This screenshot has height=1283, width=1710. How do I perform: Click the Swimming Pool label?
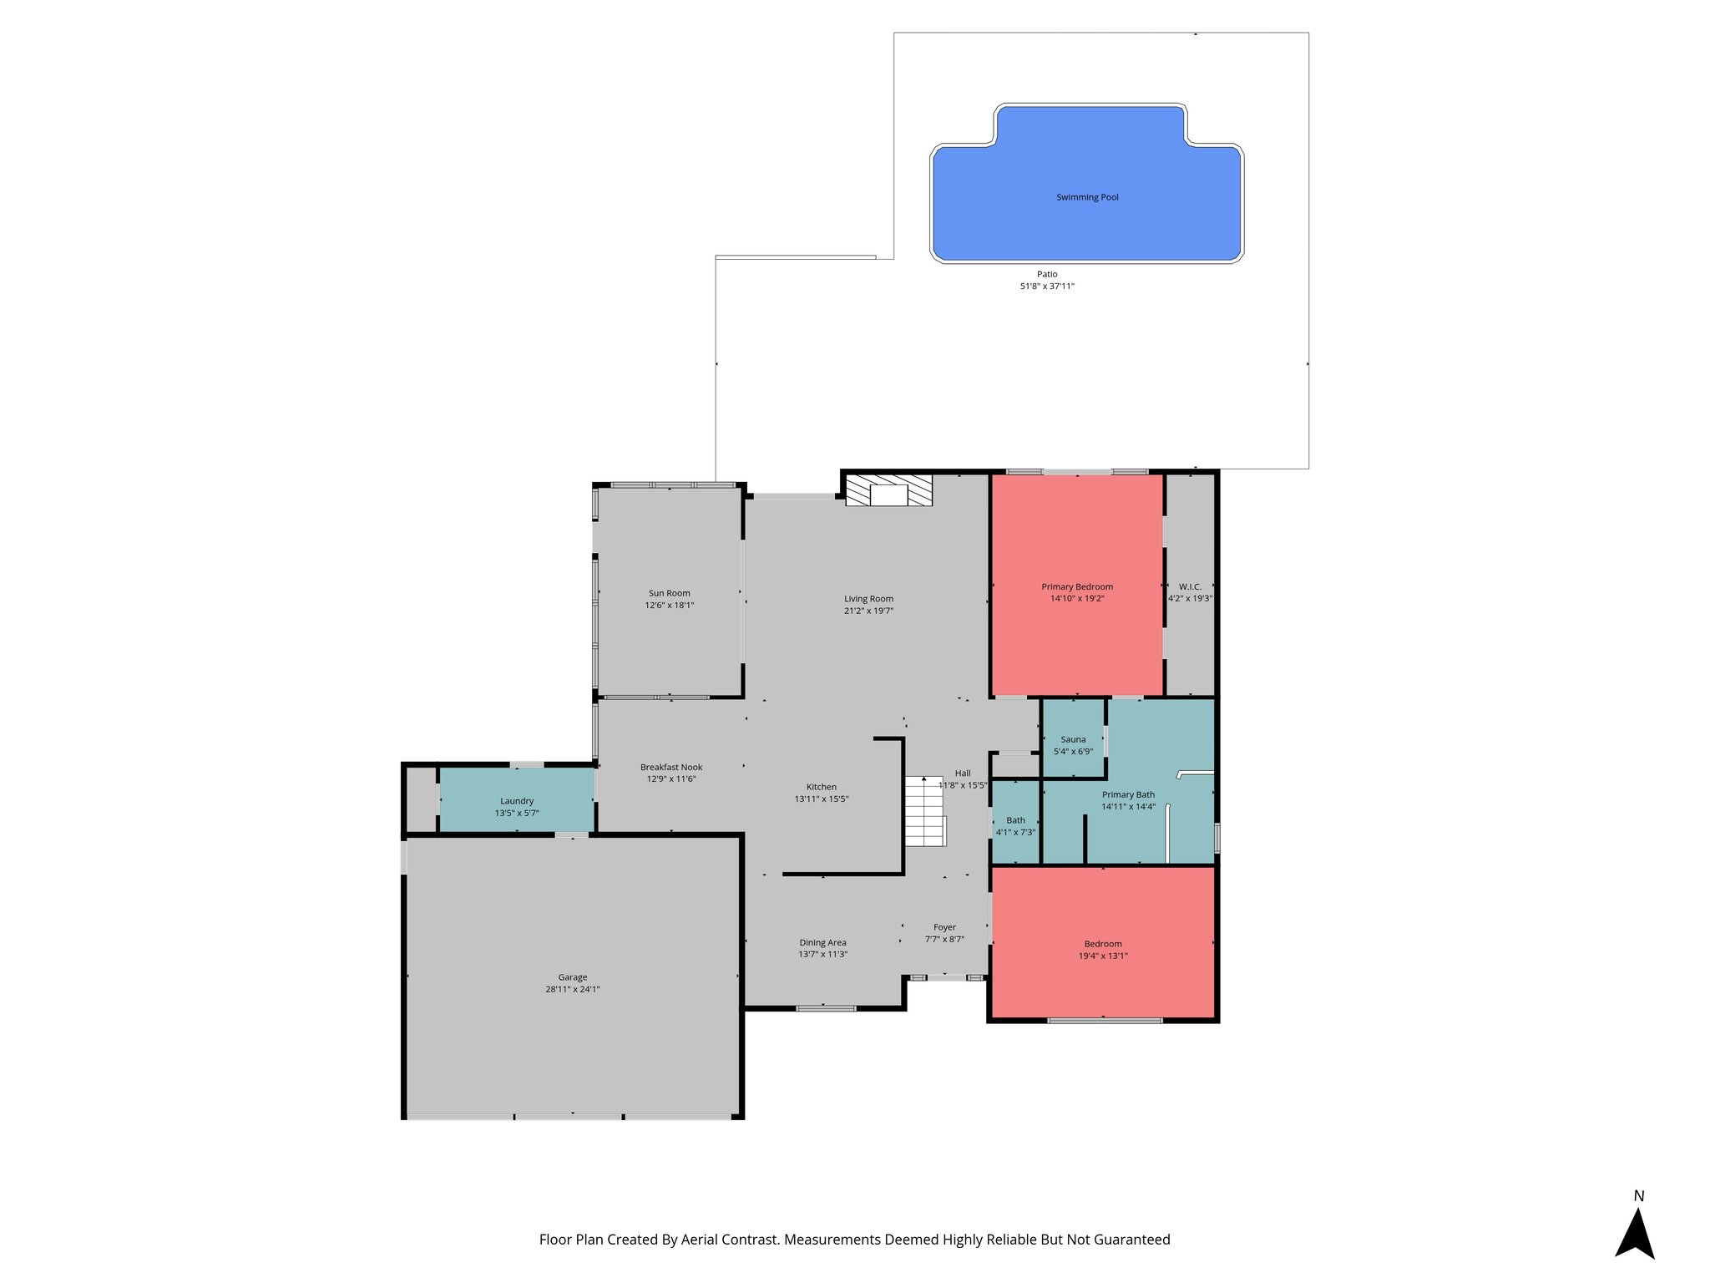point(1087,198)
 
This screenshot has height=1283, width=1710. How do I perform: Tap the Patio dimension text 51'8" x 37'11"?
point(1047,287)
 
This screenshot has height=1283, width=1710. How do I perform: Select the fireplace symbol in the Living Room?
point(888,490)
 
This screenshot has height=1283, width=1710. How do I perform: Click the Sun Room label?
point(669,594)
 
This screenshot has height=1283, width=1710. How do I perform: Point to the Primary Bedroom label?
point(1077,587)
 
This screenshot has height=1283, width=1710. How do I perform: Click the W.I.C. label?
point(1190,587)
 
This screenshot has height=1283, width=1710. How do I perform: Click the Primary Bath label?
point(1128,795)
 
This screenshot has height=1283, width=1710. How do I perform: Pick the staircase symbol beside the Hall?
point(925,812)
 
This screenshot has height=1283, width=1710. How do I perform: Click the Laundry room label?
point(517,801)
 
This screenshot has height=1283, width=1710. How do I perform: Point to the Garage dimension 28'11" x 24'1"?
point(573,990)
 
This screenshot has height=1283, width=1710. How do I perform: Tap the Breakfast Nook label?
point(671,768)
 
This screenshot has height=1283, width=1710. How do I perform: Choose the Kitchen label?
point(821,787)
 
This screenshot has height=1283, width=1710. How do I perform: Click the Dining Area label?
point(822,943)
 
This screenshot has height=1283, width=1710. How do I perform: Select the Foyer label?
point(944,927)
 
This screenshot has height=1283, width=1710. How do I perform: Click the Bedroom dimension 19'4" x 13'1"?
point(1103,956)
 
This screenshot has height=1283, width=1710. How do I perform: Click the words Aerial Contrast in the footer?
point(729,1240)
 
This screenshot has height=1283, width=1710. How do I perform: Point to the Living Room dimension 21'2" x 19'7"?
point(868,611)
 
